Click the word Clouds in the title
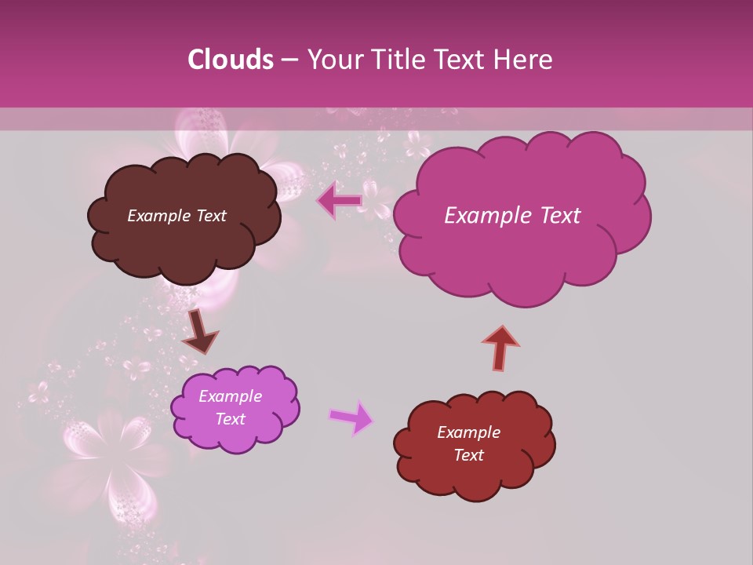[230, 60]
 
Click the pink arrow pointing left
[340, 202]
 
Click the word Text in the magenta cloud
[554, 216]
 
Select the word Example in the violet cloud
[230, 396]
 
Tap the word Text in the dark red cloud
[468, 455]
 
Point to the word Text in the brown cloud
[210, 216]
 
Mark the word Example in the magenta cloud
[483, 216]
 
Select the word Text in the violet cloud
[230, 419]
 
